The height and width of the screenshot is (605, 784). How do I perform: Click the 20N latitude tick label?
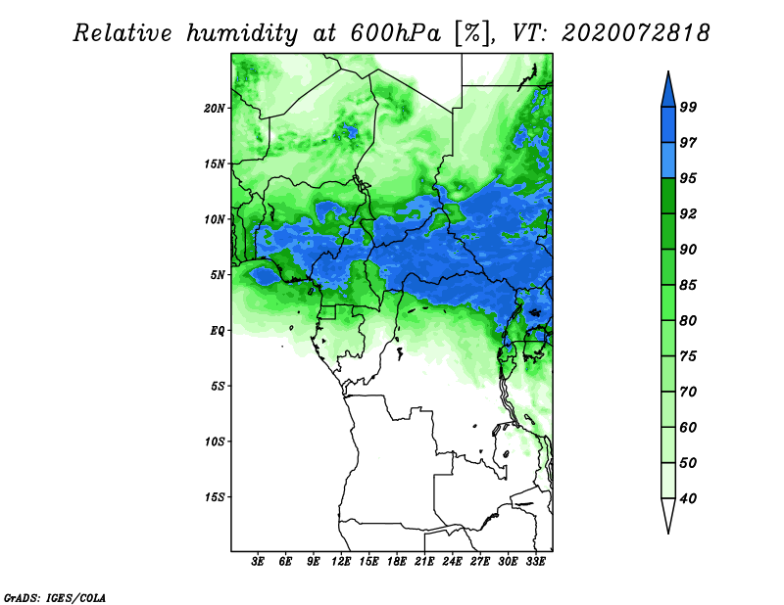click(215, 109)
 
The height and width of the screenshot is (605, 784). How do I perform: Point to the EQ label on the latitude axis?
click(217, 331)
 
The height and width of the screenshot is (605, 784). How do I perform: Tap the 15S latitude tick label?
click(215, 497)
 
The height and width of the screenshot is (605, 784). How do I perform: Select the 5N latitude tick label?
click(218, 275)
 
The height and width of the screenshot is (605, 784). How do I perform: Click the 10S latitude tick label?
click(215, 442)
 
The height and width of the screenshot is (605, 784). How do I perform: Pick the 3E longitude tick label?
click(258, 562)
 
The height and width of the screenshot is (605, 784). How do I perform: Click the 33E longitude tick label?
click(535, 562)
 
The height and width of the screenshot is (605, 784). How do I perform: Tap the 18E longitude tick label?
click(397, 562)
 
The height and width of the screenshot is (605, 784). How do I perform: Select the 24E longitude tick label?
click(452, 562)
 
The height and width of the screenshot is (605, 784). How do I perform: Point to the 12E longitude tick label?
click(341, 562)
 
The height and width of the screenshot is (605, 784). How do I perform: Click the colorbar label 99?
click(688, 107)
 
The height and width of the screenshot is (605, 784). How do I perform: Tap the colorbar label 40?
click(688, 498)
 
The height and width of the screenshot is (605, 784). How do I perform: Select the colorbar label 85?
click(688, 285)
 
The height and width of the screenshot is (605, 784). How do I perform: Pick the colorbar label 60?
click(688, 427)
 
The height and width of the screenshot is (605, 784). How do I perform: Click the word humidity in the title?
click(242, 33)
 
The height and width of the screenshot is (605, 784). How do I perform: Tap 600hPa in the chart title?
click(396, 33)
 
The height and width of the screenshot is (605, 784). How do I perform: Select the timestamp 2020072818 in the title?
click(635, 33)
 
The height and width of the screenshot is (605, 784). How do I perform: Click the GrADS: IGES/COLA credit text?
click(55, 597)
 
